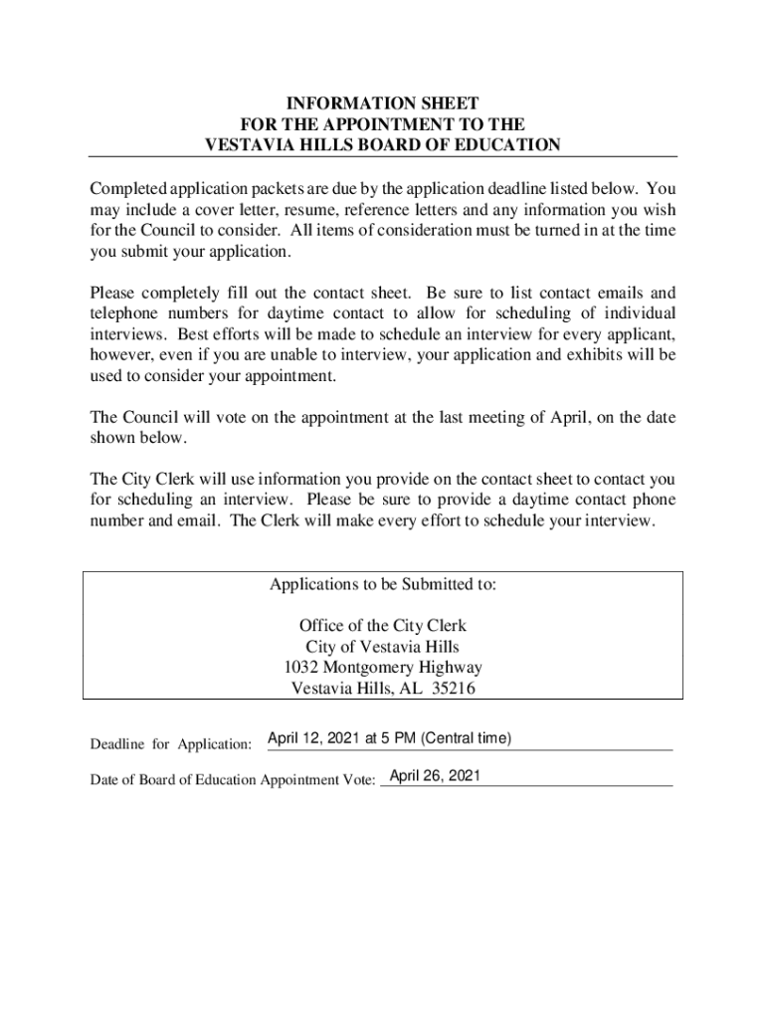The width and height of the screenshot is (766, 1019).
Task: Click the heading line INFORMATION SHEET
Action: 382,103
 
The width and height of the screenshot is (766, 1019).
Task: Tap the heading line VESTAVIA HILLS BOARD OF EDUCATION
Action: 382,145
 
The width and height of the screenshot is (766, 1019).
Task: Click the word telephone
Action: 123,313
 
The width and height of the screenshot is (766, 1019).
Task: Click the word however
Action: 119,355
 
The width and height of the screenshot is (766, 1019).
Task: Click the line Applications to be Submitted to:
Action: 382,585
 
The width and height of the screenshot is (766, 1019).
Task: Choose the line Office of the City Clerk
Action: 382,626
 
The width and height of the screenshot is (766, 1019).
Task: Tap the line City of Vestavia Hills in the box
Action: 382,647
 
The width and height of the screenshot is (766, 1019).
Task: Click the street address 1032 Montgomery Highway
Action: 382,668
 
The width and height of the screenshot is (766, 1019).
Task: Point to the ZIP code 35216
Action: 454,689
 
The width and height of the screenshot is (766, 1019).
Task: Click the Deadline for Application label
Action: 171,744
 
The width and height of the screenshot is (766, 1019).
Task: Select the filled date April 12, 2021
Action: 314,738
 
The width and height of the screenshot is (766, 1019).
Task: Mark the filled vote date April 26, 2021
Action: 435,775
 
